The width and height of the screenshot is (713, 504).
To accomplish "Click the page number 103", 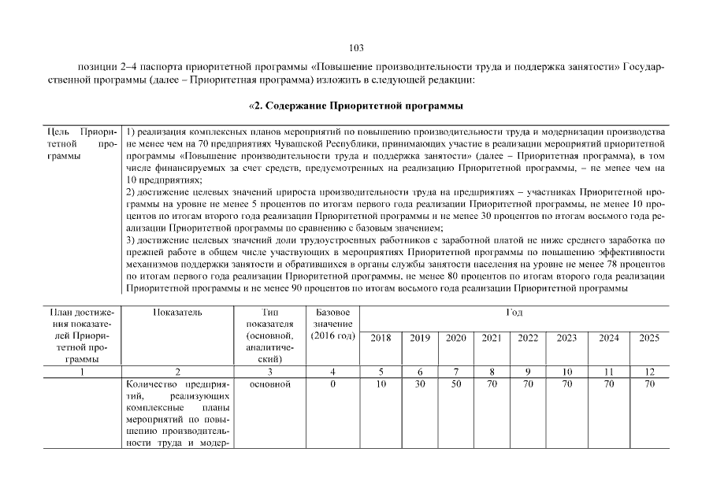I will pos(356,48).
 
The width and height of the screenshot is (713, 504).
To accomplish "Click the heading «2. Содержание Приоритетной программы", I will pos(355,106).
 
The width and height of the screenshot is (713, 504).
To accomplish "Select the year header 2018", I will pos(381,338).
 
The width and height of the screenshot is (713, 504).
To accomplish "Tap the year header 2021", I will pos(492,338).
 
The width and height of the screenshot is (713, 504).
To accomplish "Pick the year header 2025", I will pos(649,338).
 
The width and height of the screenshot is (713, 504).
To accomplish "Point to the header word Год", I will pos(514,313).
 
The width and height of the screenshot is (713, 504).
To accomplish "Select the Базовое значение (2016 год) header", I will pos(332,325).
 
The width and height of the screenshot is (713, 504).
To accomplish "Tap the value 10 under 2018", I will pos(381,384).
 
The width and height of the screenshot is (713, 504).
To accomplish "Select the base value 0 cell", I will pos(332,384).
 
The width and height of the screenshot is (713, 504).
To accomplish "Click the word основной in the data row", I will pos(269,384).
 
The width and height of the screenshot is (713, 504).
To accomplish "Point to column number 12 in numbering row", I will pos(649,372).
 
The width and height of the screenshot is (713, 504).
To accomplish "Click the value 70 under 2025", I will pos(649,384).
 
